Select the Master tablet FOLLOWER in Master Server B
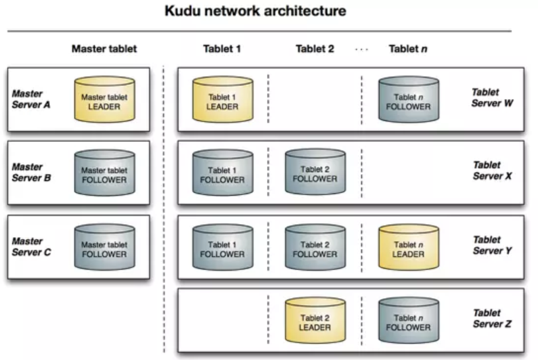coord(104,175)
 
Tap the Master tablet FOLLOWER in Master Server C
coord(104,249)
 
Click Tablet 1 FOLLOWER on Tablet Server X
coord(222,175)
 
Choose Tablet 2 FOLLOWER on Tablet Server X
coord(315,175)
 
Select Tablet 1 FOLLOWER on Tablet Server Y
coord(222,249)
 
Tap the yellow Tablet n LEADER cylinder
coord(408,249)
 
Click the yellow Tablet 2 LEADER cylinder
coord(315,322)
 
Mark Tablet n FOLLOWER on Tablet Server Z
coord(408,322)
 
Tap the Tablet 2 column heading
coord(315,49)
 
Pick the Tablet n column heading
coord(409,49)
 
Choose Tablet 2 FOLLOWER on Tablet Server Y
coord(315,249)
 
